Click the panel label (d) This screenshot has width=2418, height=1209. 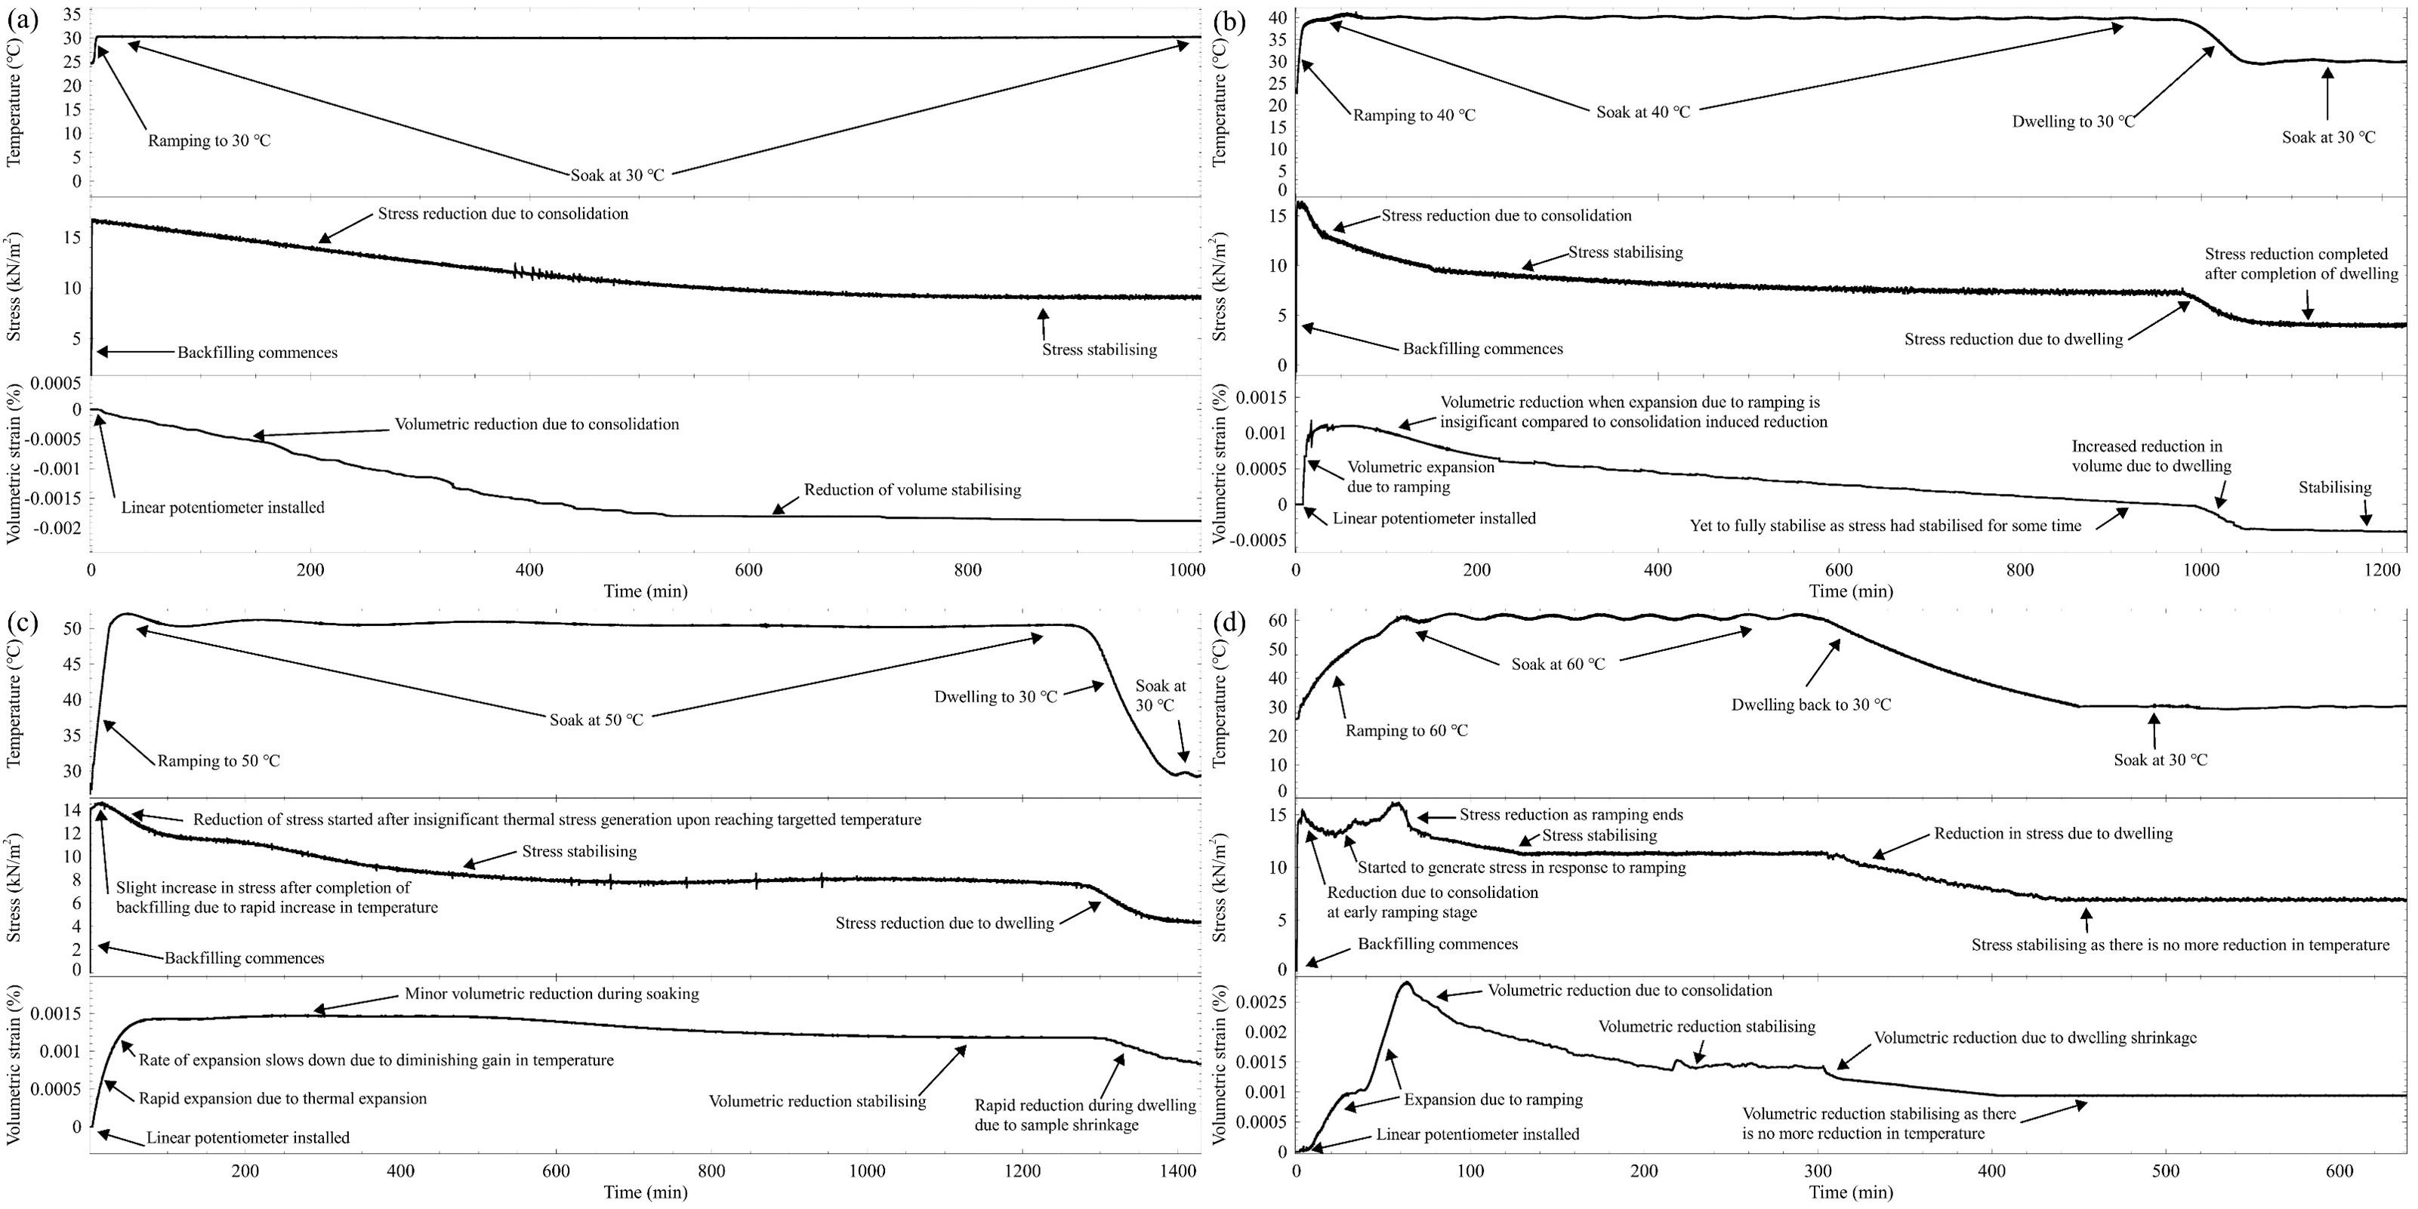pos(1229,622)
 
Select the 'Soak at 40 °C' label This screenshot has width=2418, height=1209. pos(1642,113)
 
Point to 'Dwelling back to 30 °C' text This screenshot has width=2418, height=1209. pos(1811,705)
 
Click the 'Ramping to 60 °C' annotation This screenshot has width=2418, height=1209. pos(1406,731)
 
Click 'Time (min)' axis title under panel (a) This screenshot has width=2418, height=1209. pos(646,591)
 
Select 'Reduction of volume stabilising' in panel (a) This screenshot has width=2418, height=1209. pos(912,490)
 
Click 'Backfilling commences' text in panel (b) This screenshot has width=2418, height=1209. pos(1483,349)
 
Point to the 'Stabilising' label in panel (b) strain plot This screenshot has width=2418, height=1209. pos(2334,488)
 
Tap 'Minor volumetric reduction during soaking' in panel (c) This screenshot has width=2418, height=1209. pos(551,994)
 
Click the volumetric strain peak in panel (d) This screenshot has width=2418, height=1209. pos(1405,984)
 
